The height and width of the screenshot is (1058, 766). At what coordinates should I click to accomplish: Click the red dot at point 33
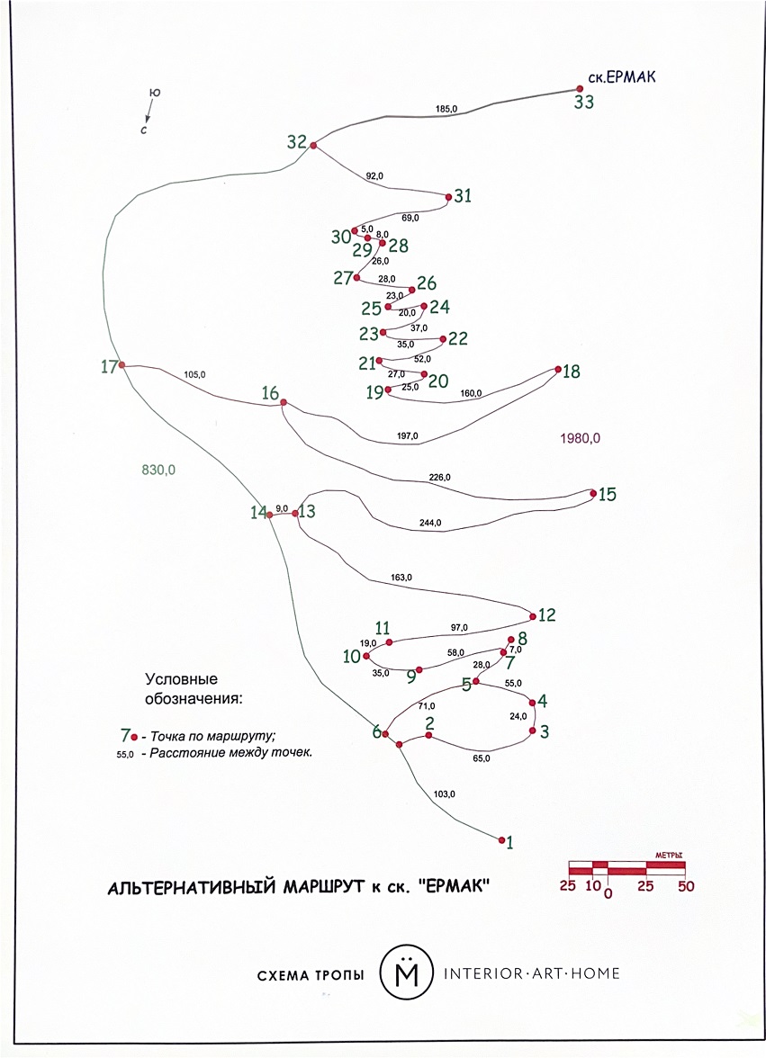581,89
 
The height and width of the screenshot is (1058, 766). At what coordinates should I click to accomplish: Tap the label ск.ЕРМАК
621,77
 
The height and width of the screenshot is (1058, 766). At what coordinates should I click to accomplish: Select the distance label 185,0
446,109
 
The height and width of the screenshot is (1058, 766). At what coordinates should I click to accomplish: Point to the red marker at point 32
313,145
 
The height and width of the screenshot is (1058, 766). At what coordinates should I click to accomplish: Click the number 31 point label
463,195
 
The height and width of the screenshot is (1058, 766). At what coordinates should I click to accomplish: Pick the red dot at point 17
122,365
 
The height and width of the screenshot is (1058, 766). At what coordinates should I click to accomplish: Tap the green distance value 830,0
158,468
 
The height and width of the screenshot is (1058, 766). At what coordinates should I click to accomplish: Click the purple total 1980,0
579,438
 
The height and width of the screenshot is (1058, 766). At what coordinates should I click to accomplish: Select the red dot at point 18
558,369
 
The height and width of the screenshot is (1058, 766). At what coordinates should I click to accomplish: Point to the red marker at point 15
593,493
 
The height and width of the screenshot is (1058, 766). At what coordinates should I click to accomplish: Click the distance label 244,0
430,522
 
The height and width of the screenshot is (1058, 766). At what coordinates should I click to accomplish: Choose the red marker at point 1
501,840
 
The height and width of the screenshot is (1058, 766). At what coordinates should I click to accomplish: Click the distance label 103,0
445,793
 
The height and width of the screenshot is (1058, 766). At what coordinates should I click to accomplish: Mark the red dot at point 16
284,402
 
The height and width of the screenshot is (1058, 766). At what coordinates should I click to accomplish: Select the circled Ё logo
404,973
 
